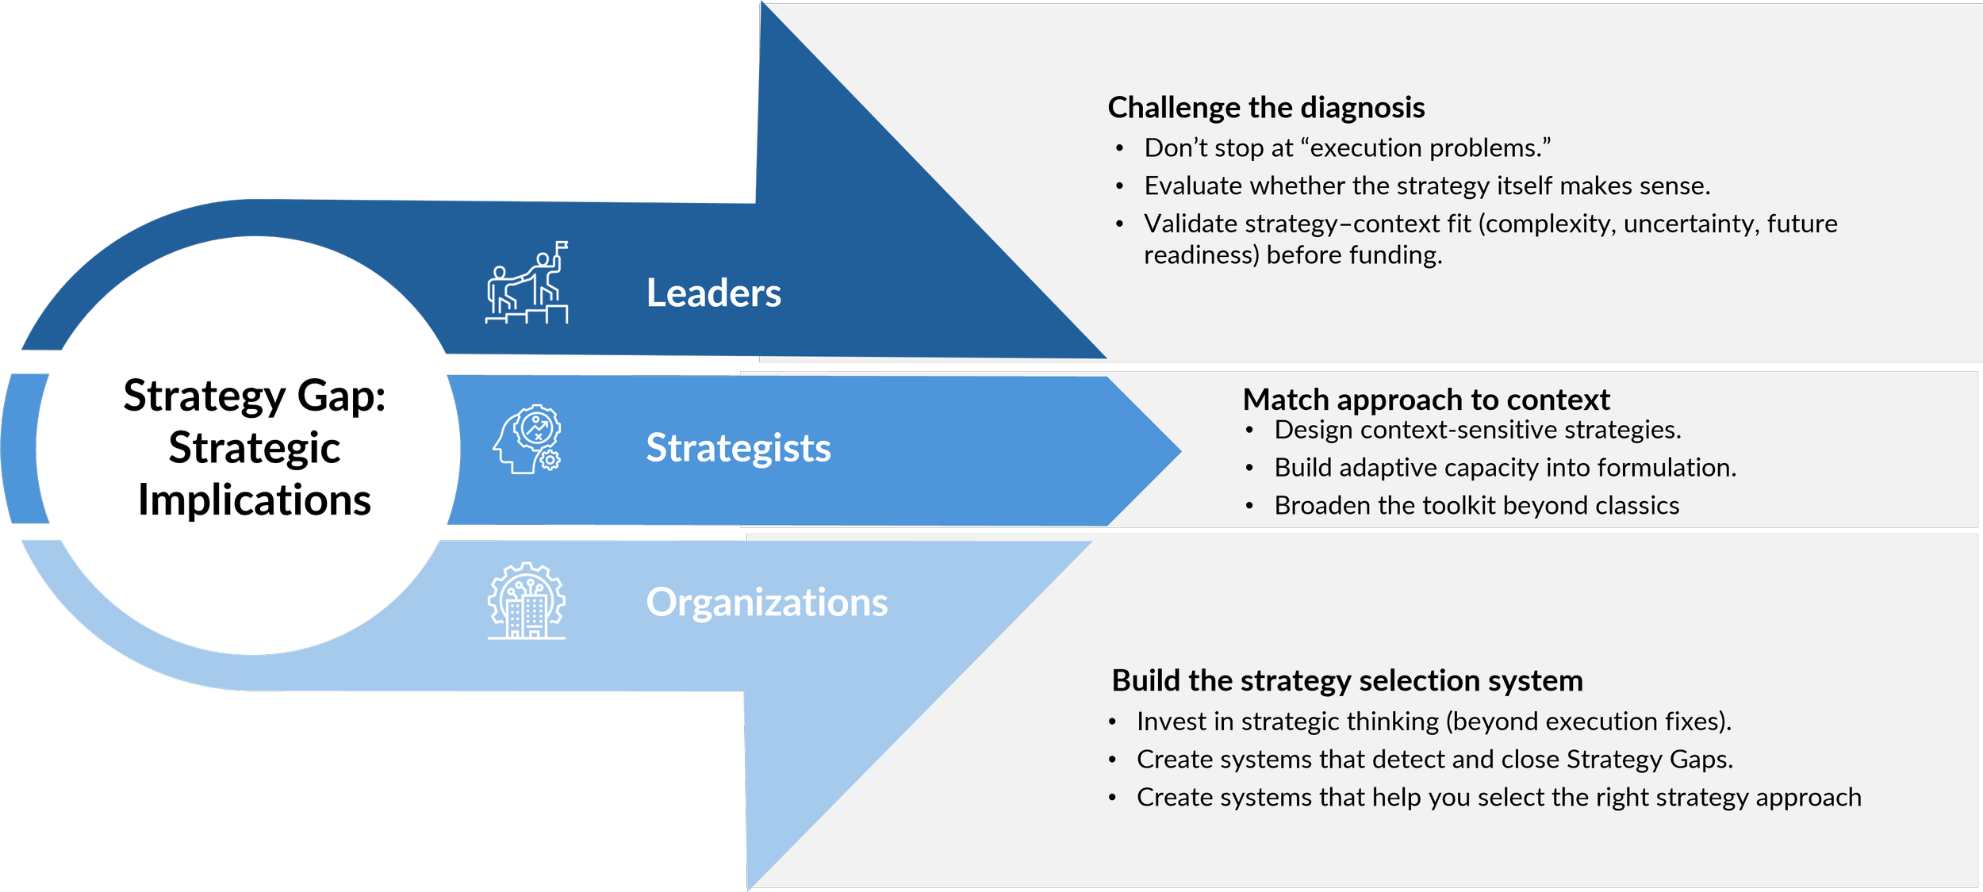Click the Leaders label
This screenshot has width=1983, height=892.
tap(713, 293)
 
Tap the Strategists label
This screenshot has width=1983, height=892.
tap(738, 448)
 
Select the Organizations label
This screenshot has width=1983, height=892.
tap(766, 603)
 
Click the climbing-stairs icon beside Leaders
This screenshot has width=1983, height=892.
tap(527, 283)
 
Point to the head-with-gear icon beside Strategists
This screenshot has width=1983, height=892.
tap(527, 439)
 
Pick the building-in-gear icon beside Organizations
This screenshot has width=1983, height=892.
tap(526, 600)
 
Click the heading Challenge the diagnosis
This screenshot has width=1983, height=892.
tap(1266, 108)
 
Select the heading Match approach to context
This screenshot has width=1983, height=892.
tap(1425, 400)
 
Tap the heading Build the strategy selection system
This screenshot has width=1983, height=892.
tap(1347, 681)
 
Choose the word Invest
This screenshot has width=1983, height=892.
tap(1163, 722)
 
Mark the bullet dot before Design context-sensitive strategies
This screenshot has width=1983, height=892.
tap(1249, 431)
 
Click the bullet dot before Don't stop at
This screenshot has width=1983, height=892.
tap(1119, 148)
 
